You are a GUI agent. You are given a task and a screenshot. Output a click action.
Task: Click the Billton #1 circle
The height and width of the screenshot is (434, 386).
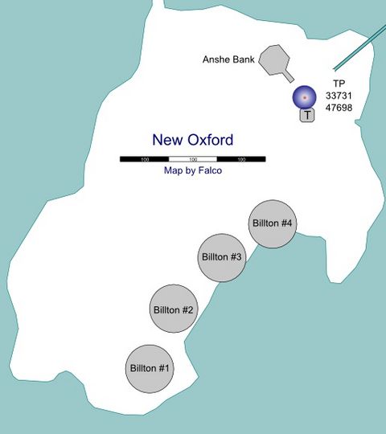pyautogui.click(x=150, y=368)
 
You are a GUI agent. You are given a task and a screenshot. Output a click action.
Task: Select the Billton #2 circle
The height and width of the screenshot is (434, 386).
pyautogui.click(x=173, y=309)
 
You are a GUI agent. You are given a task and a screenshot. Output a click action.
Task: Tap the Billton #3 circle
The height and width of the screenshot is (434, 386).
pyautogui.click(x=221, y=257)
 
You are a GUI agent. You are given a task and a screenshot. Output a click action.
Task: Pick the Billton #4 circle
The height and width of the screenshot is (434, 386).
pyautogui.click(x=271, y=223)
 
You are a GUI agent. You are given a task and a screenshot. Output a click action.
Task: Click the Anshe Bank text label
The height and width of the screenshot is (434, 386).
pyautogui.click(x=228, y=60)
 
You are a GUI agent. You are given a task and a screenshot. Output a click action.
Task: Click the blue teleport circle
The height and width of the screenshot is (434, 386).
pyautogui.click(x=304, y=97)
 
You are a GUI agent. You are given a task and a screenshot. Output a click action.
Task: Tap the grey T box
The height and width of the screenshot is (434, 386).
pyautogui.click(x=307, y=115)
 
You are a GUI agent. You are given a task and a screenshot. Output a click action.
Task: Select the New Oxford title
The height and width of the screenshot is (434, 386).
pyautogui.click(x=192, y=140)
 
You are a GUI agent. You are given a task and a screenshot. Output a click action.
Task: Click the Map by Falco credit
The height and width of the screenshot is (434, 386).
pyautogui.click(x=192, y=170)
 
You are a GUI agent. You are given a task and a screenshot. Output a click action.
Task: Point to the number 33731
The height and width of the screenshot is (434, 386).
pyautogui.click(x=339, y=96)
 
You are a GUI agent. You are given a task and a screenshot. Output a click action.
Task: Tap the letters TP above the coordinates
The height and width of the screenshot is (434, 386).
pyautogui.click(x=339, y=84)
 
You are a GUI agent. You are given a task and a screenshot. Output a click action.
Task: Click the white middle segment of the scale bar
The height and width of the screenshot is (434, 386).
pyautogui.click(x=192, y=159)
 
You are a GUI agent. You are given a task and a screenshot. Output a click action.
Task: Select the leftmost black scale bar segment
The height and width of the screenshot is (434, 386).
pyautogui.click(x=144, y=159)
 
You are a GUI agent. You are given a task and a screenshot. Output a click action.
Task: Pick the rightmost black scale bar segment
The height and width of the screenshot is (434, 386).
pyautogui.click(x=241, y=159)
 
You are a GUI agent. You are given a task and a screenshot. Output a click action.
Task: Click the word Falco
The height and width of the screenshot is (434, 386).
pyautogui.click(x=208, y=170)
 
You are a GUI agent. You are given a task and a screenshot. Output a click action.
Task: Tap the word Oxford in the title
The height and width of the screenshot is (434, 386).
pyautogui.click(x=209, y=140)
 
